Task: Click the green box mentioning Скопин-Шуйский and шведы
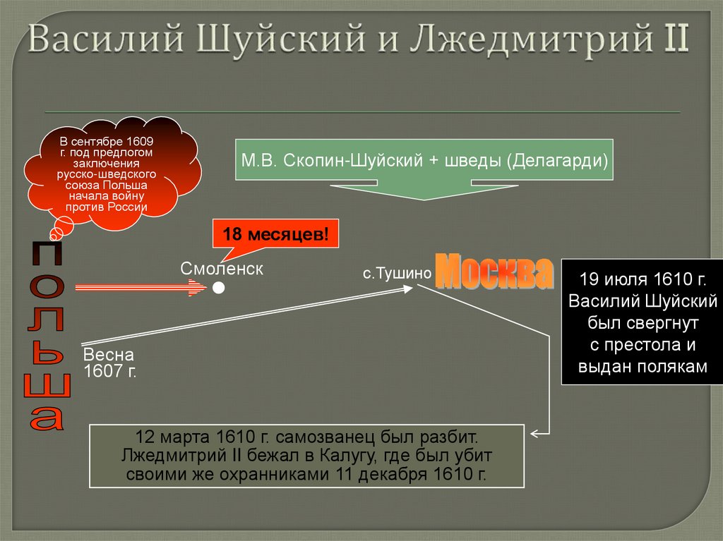coord(424,159)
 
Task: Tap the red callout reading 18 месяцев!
coord(276,233)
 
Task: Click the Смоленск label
coord(221,269)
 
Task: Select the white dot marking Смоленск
coord(219,288)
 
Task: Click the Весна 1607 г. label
coord(109,363)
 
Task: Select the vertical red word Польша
coord(47,336)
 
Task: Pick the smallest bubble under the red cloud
coord(53,233)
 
